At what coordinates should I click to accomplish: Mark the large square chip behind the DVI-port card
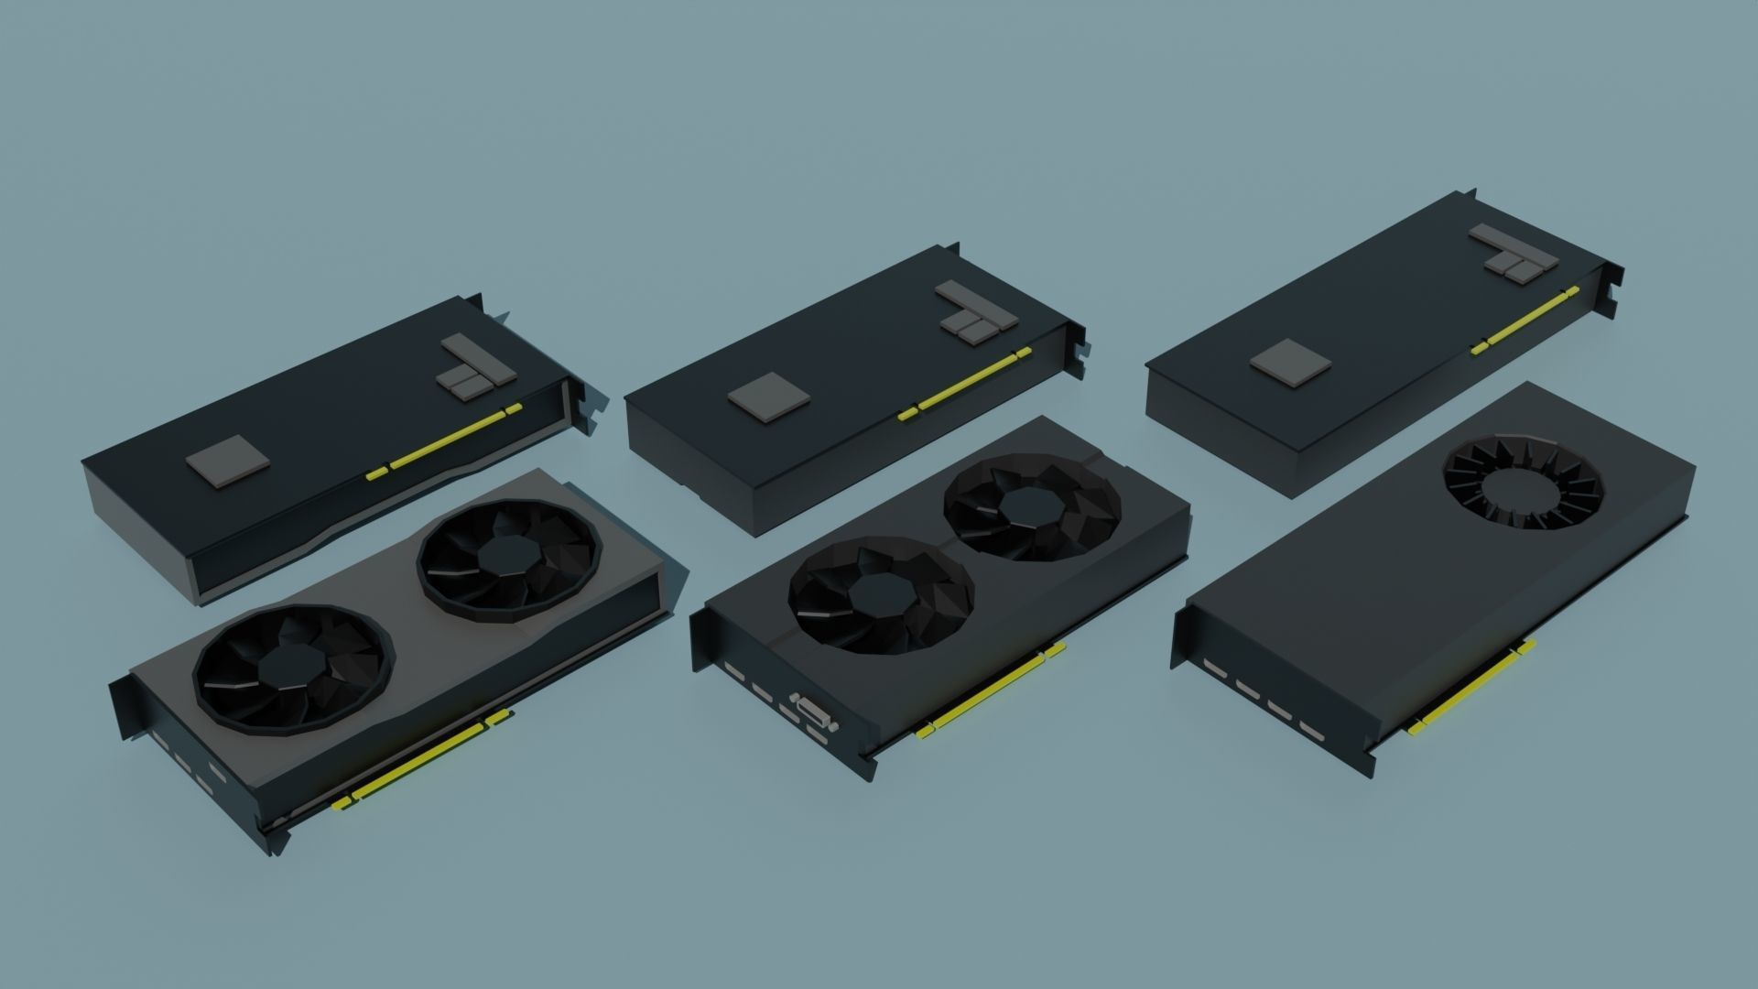pos(769,401)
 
